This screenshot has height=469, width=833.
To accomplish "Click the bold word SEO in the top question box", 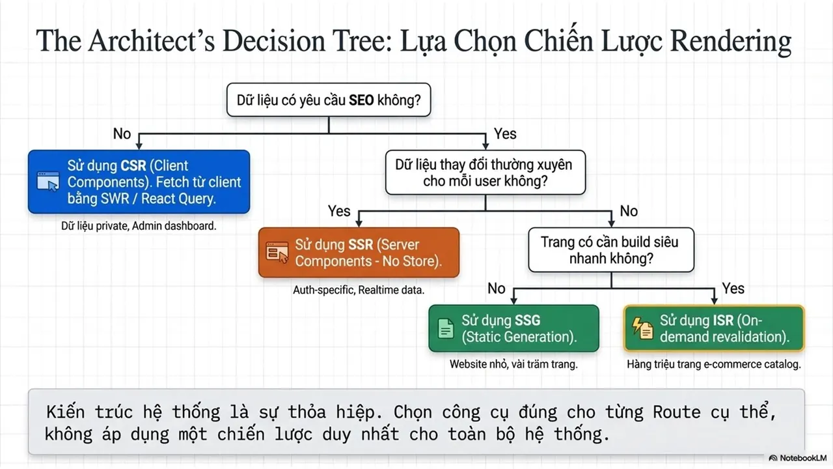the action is [361, 100].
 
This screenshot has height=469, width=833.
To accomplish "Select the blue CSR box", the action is [139, 182].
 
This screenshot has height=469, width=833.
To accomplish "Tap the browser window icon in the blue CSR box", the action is [48, 181].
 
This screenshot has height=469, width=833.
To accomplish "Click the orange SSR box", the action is [359, 253].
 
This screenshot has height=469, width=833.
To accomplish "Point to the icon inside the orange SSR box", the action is [277, 252].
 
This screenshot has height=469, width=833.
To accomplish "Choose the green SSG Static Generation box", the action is [513, 328].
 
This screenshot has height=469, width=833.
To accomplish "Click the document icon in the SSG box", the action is [446, 328].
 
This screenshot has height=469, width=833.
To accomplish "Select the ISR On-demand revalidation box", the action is [714, 328].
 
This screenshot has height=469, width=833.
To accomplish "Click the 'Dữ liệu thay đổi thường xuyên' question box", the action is [485, 173].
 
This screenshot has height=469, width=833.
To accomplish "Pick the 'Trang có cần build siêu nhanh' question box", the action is [611, 249].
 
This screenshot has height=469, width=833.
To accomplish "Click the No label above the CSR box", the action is [122, 134].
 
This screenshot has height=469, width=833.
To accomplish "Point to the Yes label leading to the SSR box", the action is [339, 211].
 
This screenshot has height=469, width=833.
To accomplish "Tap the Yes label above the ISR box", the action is [733, 289].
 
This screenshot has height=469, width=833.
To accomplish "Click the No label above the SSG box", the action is [497, 289].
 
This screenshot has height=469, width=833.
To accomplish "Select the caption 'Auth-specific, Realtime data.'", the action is [359, 290].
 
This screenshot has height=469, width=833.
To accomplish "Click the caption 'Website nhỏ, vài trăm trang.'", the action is [513, 364].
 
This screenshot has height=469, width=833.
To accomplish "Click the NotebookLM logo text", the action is [803, 458].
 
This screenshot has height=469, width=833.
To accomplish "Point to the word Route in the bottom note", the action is [677, 412].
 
